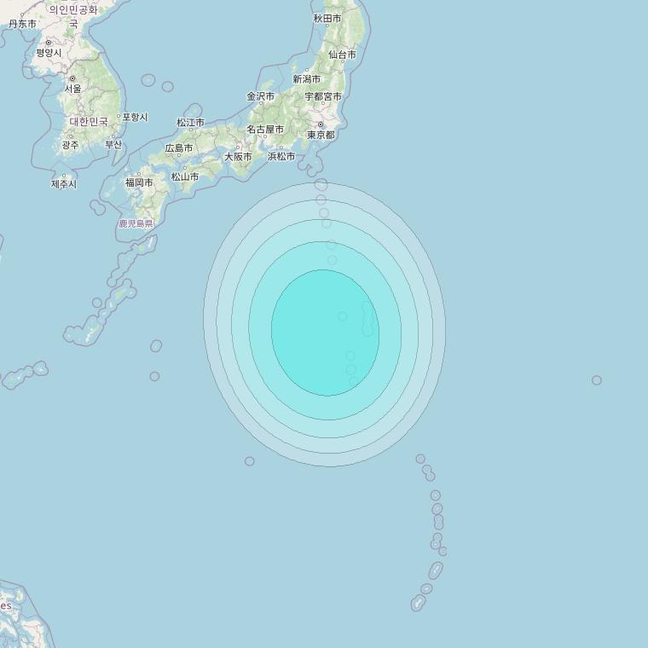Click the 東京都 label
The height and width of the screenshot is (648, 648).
tap(321, 135)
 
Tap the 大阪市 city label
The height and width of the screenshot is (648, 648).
tap(238, 157)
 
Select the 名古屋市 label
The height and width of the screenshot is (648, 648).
tap(265, 129)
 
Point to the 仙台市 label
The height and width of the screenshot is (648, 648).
tap(342, 55)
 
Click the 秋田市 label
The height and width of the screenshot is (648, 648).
tap(327, 18)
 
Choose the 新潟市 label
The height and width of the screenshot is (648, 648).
tap(306, 79)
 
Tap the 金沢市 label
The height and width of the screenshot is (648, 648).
tap(261, 96)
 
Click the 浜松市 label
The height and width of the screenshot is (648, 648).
tap(281, 156)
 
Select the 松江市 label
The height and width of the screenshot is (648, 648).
tap(190, 122)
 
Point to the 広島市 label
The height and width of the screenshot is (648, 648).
tap(179, 148)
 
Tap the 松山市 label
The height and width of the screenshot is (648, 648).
tap(184, 176)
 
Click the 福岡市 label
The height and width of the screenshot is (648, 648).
tap(139, 182)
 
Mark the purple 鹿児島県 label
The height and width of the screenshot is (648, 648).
tap(136, 223)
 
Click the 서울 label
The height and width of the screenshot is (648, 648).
tap(73, 89)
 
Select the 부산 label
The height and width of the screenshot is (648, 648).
tap(113, 144)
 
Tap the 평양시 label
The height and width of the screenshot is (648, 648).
tap(49, 53)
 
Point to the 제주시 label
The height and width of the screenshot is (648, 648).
tap(64, 183)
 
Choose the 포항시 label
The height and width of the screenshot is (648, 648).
tap(135, 117)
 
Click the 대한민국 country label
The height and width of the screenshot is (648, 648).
tap(89, 122)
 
